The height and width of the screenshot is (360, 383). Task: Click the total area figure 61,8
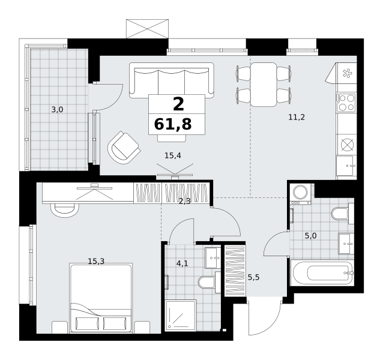point(173,124)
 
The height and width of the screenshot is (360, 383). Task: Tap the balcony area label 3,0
point(57,110)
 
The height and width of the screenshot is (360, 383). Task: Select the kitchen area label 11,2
point(297,118)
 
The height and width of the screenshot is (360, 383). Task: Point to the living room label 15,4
point(173,155)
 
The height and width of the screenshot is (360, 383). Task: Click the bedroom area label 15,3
point(96,262)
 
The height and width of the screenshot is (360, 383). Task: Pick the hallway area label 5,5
point(253,277)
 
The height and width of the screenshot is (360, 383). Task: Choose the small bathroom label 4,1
point(182,263)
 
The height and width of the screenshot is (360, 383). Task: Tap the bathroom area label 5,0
point(311,236)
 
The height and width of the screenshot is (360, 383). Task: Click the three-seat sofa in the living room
point(172,80)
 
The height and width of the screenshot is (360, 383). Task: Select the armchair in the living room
point(124,148)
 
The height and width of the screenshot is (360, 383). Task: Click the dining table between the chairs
point(264,85)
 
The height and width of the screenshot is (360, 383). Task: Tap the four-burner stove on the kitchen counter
point(346,103)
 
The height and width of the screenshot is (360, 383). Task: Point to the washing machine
point(300,194)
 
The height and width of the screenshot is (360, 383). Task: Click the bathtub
point(322,272)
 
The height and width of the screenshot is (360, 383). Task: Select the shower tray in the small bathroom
point(181,316)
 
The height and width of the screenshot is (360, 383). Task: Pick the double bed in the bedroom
point(101,298)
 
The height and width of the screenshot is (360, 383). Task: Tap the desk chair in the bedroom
point(64,210)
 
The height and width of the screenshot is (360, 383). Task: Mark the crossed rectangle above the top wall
point(147,29)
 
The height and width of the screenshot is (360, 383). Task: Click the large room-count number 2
point(178,104)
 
